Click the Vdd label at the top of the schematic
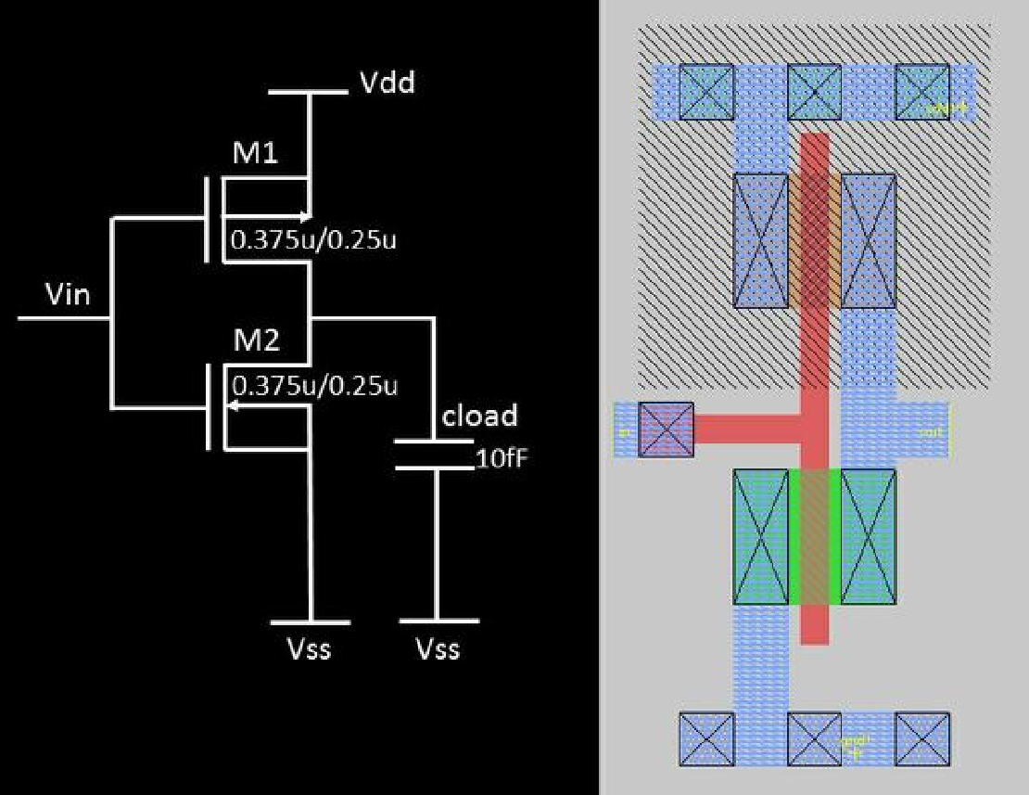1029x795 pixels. [x=387, y=83]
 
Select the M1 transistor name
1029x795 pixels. [x=255, y=153]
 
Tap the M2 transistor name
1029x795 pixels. [x=255, y=341]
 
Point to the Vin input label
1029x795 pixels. [x=68, y=296]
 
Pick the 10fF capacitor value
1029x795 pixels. [x=502, y=457]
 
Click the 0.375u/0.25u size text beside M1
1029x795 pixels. [x=313, y=239]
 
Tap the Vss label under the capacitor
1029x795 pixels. [x=438, y=648]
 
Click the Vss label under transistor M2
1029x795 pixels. [x=308, y=648]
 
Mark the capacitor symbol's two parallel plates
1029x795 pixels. [x=435, y=455]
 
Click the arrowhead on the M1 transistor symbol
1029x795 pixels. [x=303, y=212]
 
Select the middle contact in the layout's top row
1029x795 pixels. [x=814, y=92]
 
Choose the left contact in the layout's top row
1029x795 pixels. [x=706, y=92]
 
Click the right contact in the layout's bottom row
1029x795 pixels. [x=922, y=739]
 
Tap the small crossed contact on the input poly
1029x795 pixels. [x=667, y=430]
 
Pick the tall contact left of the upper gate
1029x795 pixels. [x=760, y=240]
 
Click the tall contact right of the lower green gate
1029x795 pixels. [x=869, y=536]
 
